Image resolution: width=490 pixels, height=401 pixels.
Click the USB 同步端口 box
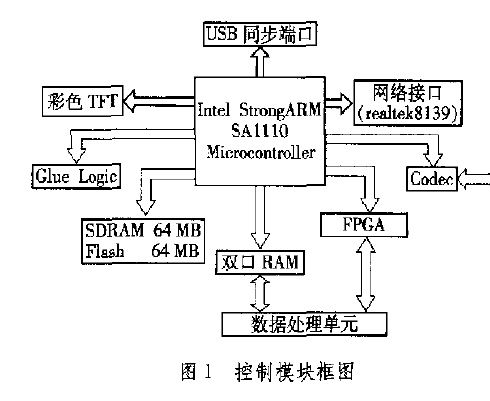[x=260, y=34]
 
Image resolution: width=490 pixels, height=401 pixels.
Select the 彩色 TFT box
[x=83, y=101]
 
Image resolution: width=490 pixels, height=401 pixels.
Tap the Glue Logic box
[x=76, y=176]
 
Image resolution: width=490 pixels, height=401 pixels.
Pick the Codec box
[x=432, y=179]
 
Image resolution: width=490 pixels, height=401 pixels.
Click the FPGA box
[x=364, y=225]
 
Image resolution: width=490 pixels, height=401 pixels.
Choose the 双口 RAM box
[x=260, y=262]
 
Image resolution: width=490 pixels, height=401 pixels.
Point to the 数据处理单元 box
[x=305, y=324]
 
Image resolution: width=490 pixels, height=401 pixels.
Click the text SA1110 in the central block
[x=260, y=130]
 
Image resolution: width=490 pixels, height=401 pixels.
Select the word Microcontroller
[x=261, y=152]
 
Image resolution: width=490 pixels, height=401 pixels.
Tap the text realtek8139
[x=408, y=114]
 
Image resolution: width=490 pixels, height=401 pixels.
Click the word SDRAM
[x=115, y=230]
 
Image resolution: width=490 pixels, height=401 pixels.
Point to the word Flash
[x=105, y=251]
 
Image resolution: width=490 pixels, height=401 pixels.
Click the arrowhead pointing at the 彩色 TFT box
[x=130, y=101]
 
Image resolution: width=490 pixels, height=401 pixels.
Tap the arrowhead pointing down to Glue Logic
[x=76, y=156]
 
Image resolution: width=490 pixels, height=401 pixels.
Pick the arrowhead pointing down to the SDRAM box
[x=146, y=207]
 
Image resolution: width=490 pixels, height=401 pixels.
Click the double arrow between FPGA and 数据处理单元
[x=365, y=275]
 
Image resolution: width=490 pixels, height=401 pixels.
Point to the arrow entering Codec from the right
[x=474, y=179]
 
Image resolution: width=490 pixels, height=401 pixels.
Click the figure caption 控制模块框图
[x=294, y=372]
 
